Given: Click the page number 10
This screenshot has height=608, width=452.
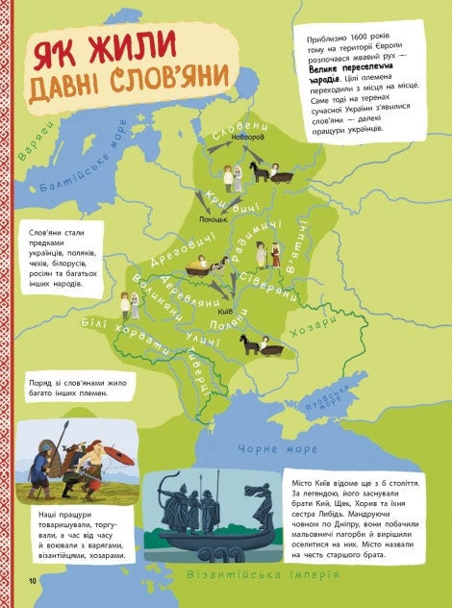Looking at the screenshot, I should (32, 579).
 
